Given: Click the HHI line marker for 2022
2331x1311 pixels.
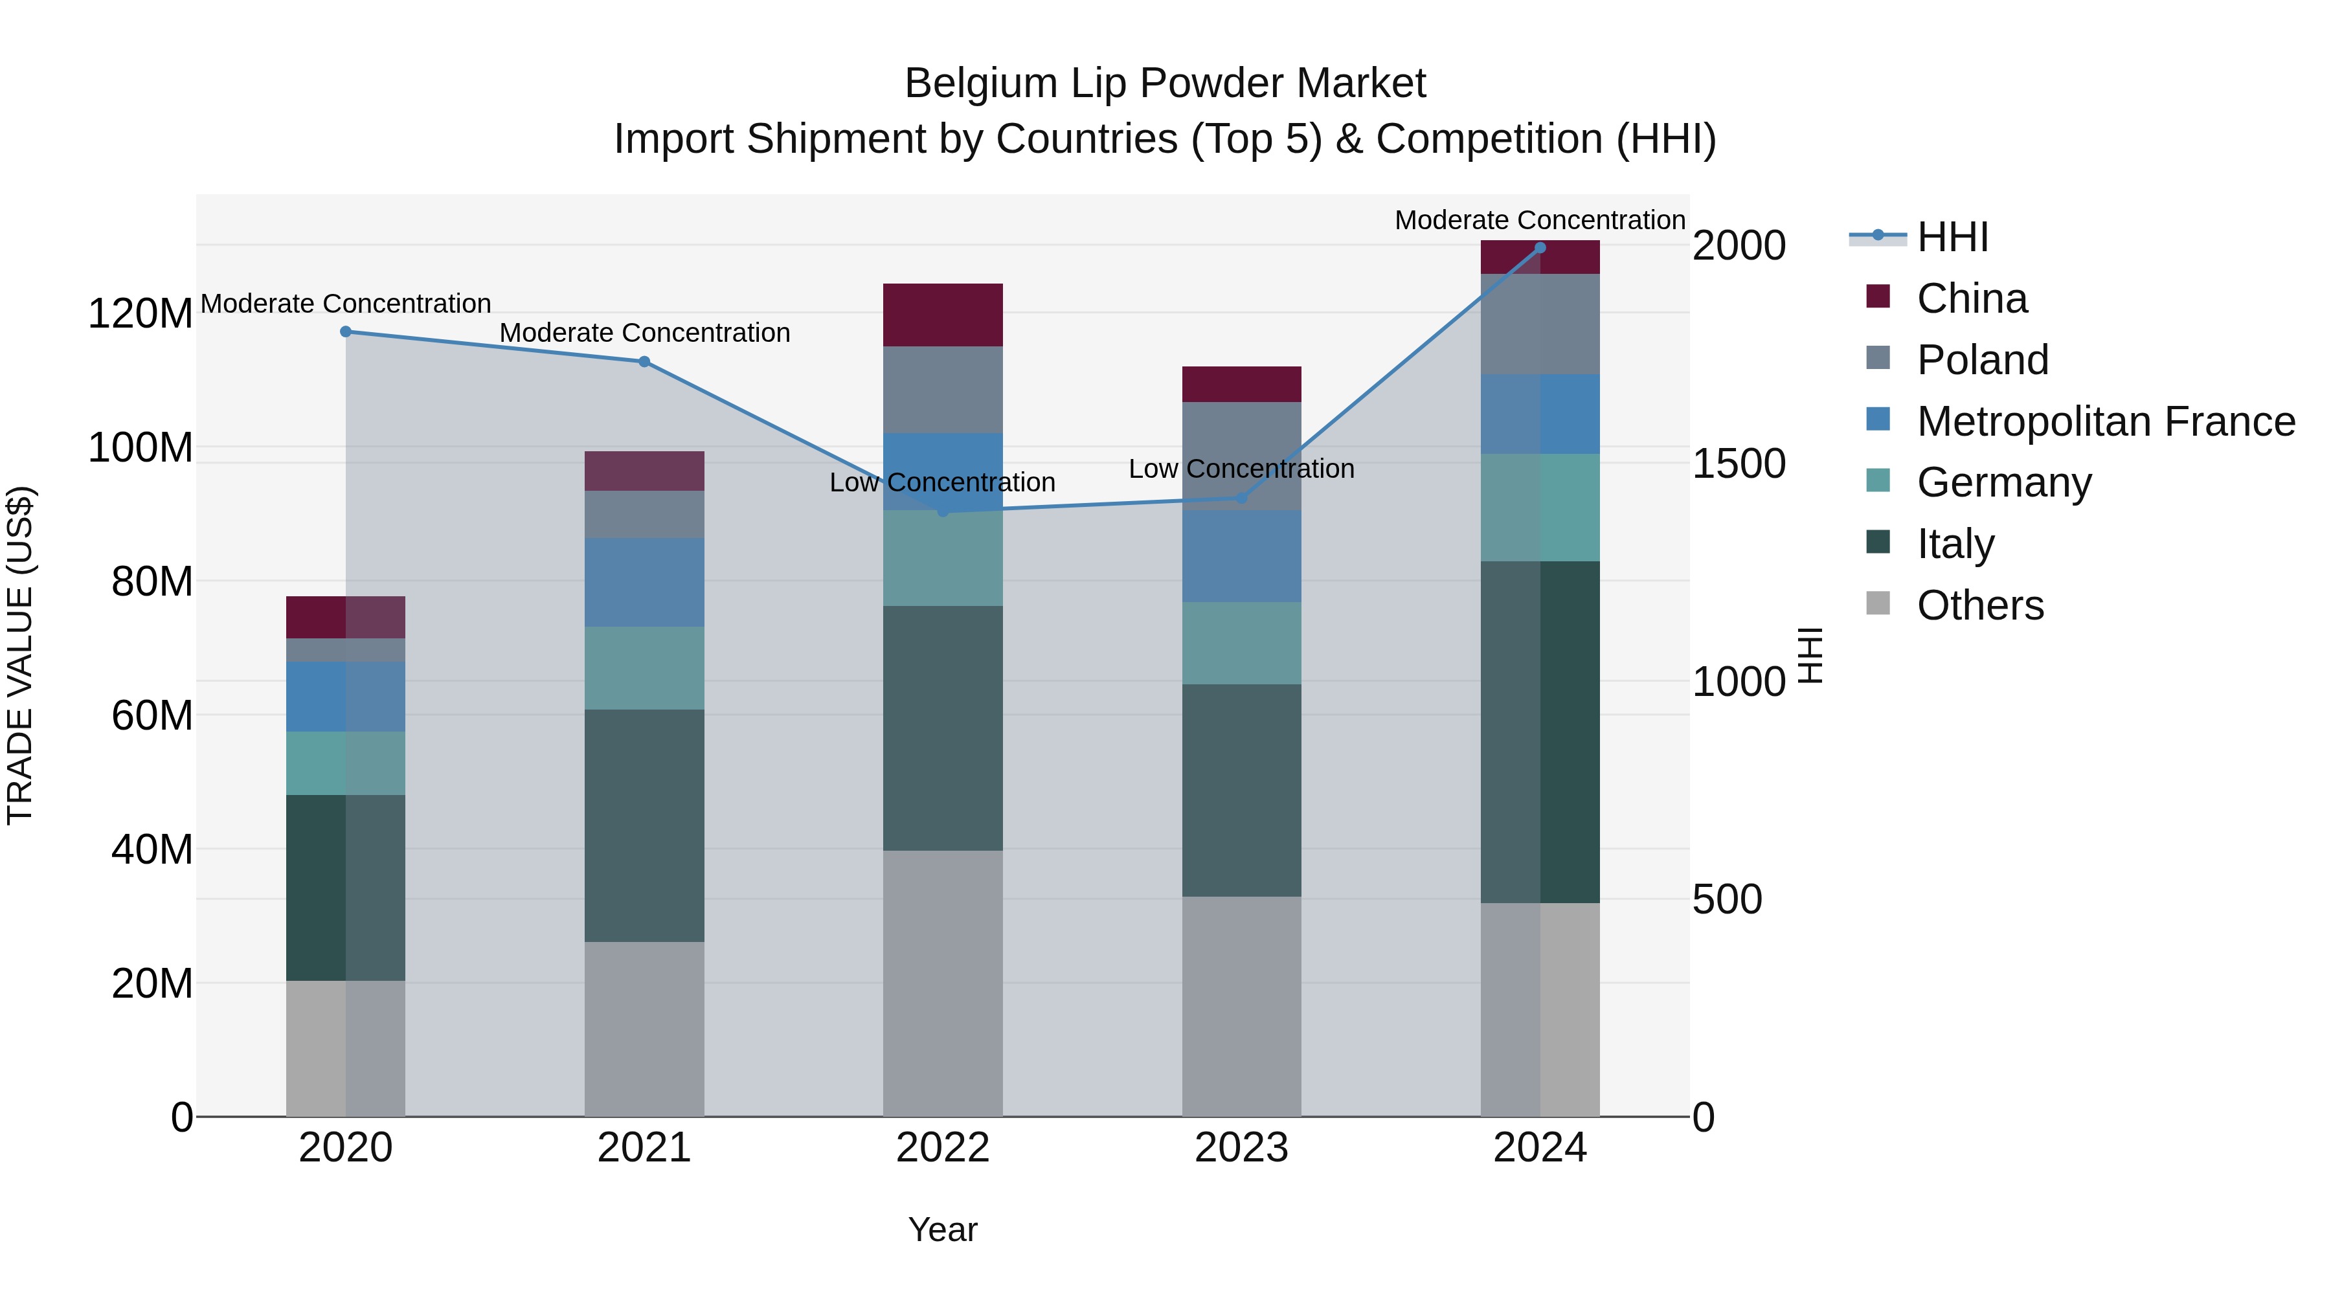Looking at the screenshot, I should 943,511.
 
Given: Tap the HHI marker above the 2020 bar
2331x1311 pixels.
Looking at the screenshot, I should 346,332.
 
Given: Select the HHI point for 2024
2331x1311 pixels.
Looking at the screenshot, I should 1540,248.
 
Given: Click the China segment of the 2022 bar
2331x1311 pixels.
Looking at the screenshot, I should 943,315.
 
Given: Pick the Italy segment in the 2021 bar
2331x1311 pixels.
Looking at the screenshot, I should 644,825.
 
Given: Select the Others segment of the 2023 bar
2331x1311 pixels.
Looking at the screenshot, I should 1241,1006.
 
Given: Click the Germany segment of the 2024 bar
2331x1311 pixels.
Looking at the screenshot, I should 1540,508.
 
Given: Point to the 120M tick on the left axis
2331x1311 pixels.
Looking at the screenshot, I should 141,314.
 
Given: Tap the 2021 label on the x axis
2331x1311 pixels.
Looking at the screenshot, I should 644,1148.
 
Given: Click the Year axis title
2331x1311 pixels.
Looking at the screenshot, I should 943,1229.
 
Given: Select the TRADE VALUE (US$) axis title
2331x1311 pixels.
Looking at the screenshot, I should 20,655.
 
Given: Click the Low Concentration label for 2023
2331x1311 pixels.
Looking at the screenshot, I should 1241,469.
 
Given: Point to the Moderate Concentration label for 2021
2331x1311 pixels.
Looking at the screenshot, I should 644,333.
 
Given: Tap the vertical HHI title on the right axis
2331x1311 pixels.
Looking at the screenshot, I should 1809,655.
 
